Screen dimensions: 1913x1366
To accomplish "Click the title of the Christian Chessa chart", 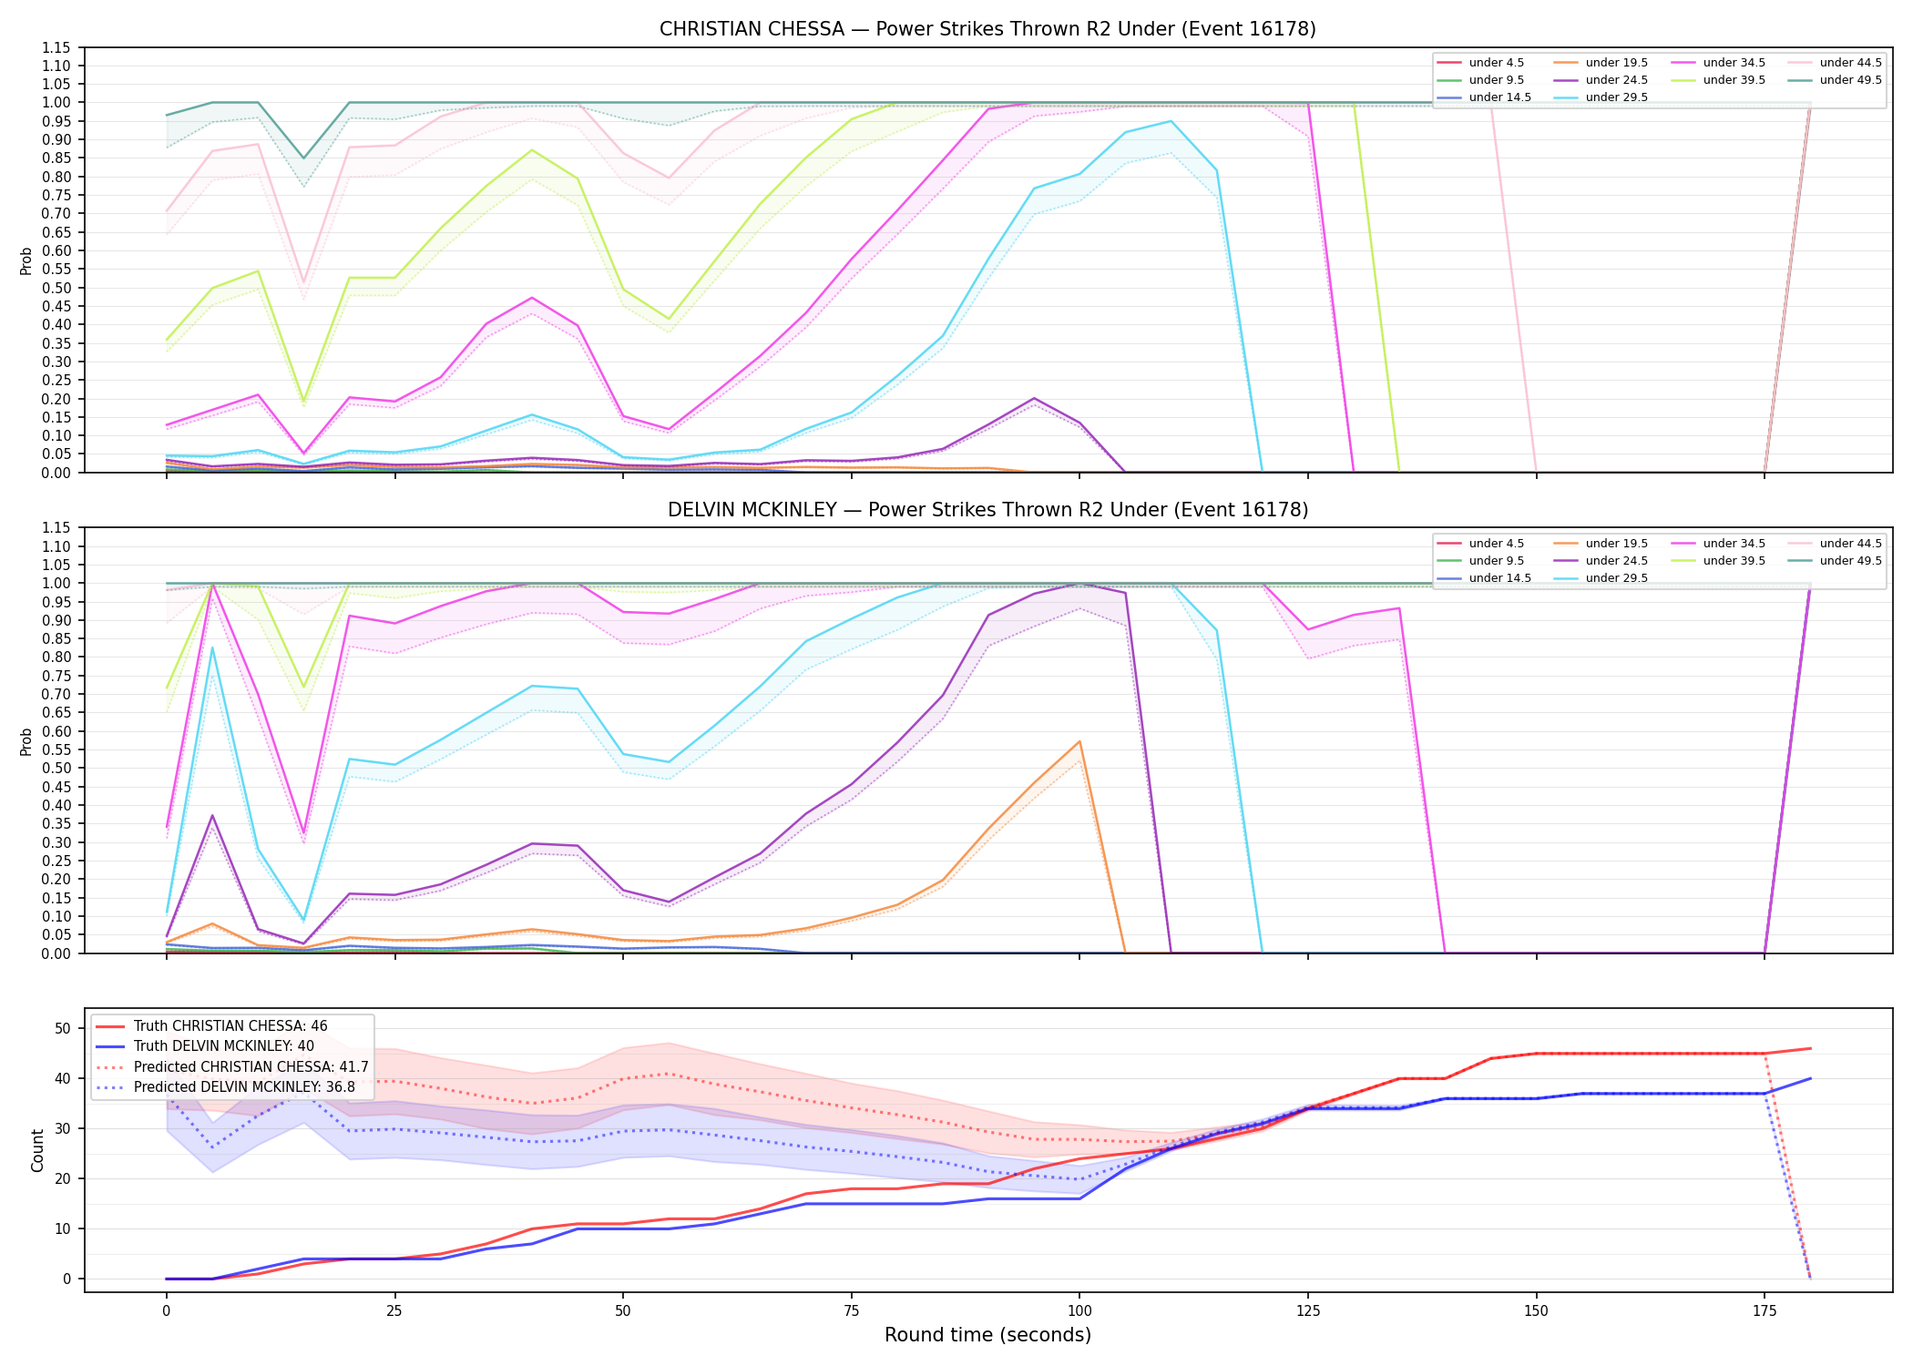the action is (x=987, y=29).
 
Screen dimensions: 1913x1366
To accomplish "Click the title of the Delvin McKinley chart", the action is (x=987, y=510).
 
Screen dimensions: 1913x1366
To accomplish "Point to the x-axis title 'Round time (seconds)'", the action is (x=987, y=1335).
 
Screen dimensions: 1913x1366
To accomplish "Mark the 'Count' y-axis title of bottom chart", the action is (x=37, y=1150).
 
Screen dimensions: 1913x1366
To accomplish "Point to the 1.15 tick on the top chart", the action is (x=56, y=47).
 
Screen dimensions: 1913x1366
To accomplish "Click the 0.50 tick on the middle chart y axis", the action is (x=56, y=769).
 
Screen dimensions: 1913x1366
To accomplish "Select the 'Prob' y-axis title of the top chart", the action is (x=26, y=261).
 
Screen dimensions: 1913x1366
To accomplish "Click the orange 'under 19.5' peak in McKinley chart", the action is (x=1079, y=741).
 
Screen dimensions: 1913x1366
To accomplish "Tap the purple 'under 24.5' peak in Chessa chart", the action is (x=1034, y=398).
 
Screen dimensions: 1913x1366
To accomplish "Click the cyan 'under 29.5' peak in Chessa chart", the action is (x=1171, y=121).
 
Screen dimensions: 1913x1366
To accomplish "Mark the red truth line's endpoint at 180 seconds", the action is (x=1810, y=1048).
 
